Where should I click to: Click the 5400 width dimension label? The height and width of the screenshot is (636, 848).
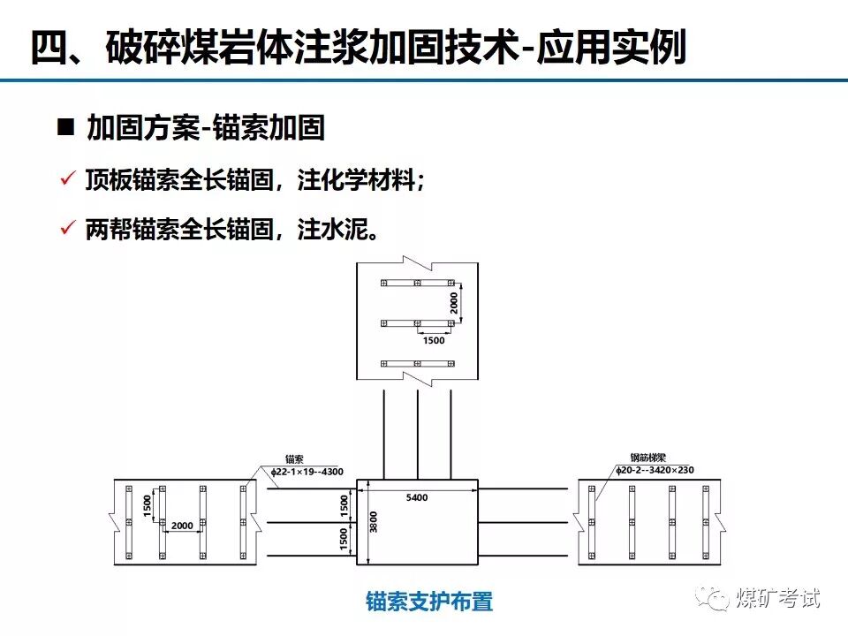click(417, 498)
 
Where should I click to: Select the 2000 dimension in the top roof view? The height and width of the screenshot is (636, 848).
click(455, 305)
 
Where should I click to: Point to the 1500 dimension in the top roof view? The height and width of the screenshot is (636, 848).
click(434, 340)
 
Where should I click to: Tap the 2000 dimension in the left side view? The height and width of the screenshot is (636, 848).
click(182, 526)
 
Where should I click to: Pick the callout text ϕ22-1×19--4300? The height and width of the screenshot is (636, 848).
click(307, 472)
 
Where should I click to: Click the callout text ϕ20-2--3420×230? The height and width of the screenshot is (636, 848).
click(655, 470)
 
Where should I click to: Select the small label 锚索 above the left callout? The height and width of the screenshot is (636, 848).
click(294, 459)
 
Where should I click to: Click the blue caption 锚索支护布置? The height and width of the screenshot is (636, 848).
click(429, 602)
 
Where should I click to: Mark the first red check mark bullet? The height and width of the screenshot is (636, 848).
click(65, 179)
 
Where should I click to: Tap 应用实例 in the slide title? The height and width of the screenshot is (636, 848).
click(619, 48)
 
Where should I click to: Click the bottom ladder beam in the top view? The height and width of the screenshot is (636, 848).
click(417, 363)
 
